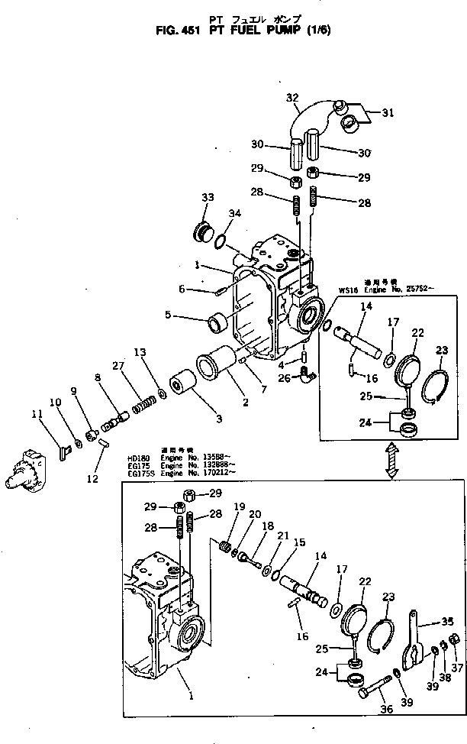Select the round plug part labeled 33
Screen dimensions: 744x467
coord(205,231)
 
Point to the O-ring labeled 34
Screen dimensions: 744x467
coord(221,242)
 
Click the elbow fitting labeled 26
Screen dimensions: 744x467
coord(303,374)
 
